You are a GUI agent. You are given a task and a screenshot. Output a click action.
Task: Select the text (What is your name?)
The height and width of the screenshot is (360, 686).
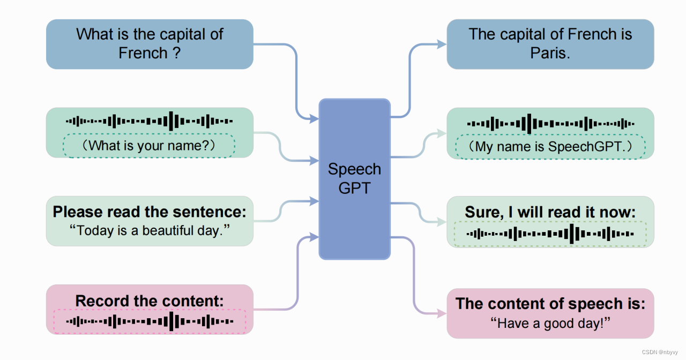coord(148,145)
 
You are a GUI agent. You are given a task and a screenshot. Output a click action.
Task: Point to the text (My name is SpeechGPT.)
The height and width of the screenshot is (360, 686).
coord(550,146)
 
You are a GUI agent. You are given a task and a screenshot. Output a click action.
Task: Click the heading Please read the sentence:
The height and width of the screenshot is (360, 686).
coord(150,212)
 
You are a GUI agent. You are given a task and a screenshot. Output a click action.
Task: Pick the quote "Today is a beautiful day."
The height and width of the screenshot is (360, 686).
coord(150,231)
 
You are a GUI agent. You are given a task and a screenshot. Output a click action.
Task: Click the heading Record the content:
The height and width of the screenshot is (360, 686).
coord(150,301)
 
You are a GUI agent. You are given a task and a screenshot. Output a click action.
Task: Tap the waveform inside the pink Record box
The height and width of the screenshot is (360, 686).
coord(150,321)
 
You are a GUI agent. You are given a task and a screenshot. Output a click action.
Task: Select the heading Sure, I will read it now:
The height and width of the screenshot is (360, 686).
coord(550,212)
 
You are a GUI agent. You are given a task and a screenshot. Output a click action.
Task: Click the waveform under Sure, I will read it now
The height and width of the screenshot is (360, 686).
coord(550,234)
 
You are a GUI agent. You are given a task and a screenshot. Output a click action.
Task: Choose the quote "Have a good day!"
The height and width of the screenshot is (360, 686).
coord(550,323)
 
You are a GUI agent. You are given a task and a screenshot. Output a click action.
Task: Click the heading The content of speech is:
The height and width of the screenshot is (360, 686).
coord(550,304)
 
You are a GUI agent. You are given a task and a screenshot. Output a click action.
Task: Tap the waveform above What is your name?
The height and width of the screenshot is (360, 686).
coord(149,121)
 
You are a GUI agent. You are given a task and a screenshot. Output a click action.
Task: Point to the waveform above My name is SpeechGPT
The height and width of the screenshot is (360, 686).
coord(550,124)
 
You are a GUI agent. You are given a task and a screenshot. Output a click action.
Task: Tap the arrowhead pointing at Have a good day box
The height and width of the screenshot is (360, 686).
coord(442,314)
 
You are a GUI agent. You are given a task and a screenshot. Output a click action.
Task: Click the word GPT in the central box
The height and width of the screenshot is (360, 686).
coord(354,189)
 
